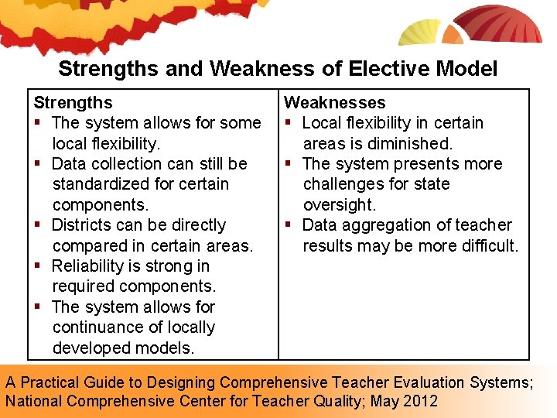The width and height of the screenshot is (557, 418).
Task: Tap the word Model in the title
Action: pos(466,69)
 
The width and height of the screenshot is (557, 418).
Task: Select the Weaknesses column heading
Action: pos(334,102)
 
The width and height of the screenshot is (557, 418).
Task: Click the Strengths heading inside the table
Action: pos(73,102)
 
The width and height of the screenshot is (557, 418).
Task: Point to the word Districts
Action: pos(83,225)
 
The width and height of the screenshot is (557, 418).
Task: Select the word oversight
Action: pos(339,205)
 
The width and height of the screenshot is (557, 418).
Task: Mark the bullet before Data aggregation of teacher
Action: pos(289,226)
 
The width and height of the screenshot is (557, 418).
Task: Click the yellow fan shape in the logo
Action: pos(419,33)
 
